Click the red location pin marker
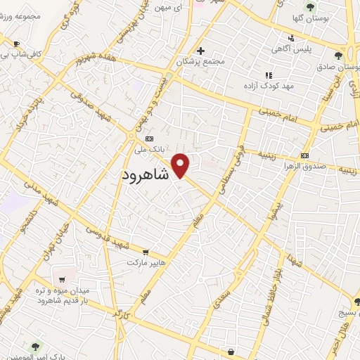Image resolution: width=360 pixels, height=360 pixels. (181, 165)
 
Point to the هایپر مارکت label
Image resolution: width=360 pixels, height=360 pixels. (146, 262)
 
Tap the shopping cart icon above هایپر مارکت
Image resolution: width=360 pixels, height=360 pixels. (145, 251)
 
